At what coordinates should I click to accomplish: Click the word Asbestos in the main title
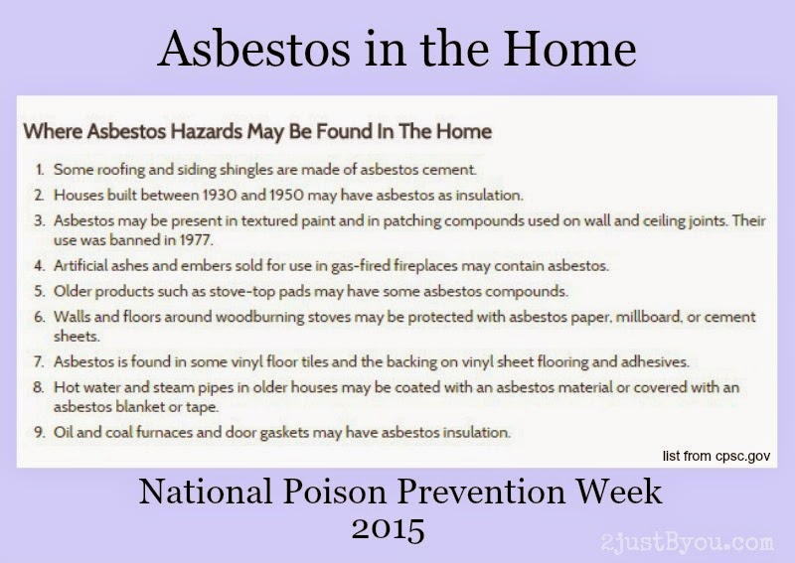point(254,49)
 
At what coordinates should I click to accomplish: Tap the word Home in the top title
point(569,49)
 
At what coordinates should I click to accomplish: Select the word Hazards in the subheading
point(207,131)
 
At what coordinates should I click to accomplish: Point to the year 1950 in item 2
point(286,195)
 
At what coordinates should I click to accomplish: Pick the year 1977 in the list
point(196,239)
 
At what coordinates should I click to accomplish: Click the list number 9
point(40,432)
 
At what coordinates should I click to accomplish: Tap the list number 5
point(40,291)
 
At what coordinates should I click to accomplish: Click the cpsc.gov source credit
point(716,456)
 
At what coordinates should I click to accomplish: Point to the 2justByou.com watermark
point(688,542)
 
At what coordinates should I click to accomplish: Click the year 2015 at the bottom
point(388,528)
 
